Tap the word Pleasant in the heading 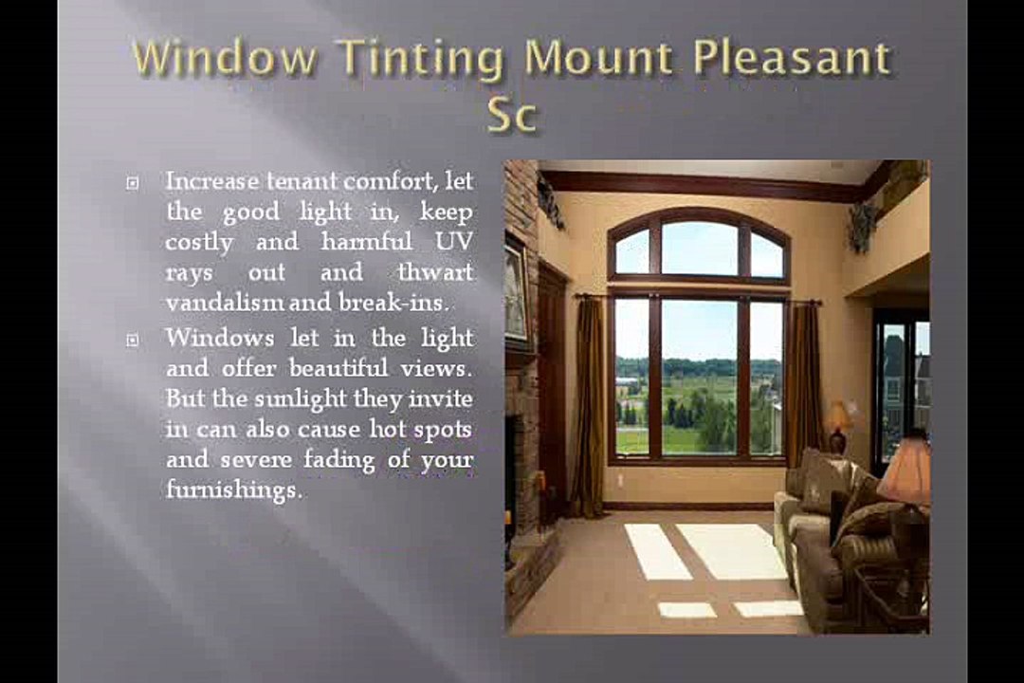(x=792, y=60)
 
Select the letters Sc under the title (x=511, y=115)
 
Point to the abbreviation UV (x=453, y=242)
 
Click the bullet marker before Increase (x=133, y=181)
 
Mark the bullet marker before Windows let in (x=133, y=339)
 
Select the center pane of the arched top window (x=700, y=249)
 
